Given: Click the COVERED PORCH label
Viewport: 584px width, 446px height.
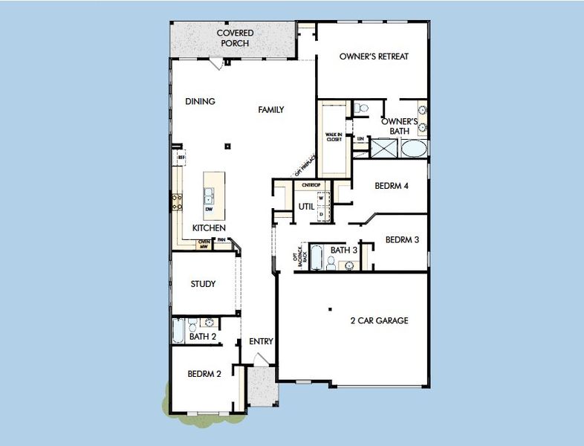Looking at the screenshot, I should (x=235, y=38).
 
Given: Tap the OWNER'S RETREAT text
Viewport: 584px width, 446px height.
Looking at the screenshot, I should (x=374, y=56).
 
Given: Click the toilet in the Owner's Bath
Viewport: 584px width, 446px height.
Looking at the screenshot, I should (x=361, y=109).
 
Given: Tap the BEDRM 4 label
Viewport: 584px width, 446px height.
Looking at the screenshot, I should (x=392, y=186).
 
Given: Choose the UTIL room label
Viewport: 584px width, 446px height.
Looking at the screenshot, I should (x=306, y=206).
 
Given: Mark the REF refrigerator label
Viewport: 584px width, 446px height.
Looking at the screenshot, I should (x=181, y=158).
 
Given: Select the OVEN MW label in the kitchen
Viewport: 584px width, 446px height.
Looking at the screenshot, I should (x=204, y=245).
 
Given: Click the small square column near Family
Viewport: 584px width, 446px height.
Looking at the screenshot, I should (x=229, y=146).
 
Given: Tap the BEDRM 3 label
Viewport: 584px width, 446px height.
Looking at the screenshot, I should (x=402, y=239).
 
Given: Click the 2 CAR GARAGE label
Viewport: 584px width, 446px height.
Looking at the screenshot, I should (x=379, y=321).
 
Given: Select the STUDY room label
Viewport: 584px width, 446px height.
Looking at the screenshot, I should (x=203, y=284).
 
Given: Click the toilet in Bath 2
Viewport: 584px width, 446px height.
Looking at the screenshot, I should (x=192, y=324).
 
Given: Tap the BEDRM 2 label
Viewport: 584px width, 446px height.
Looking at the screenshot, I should (x=204, y=374).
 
